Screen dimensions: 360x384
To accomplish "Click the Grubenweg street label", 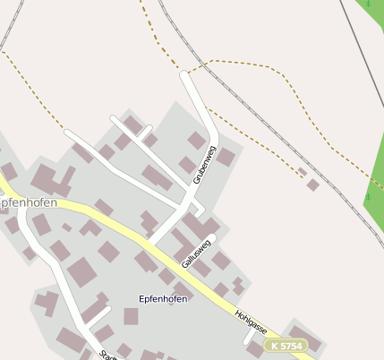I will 205,165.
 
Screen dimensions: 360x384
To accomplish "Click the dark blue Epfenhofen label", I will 163,298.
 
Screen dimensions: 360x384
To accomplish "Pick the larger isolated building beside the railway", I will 312,185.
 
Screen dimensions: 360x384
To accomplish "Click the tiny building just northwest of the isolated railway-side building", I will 303,172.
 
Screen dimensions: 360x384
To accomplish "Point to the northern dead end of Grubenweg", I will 185,76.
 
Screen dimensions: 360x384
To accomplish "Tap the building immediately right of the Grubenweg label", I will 225,158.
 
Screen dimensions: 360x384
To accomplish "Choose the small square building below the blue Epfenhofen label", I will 131,316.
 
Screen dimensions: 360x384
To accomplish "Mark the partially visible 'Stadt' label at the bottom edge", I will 107,355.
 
